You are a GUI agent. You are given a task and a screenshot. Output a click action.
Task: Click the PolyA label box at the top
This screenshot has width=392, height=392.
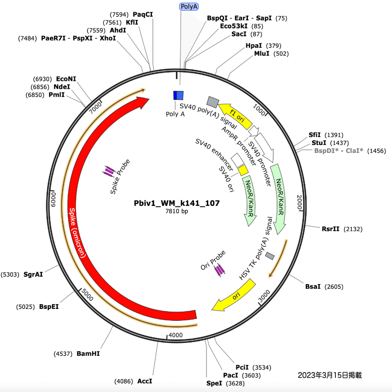click(189, 6)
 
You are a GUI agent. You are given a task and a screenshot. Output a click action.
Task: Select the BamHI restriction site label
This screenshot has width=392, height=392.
click(88, 354)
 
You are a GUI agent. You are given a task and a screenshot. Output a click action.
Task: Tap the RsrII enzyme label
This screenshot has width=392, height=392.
click(331, 229)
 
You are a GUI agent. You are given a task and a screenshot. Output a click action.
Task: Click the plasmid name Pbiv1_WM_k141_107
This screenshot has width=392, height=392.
click(177, 203)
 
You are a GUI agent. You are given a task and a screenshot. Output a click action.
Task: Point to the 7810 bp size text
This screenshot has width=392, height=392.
click(177, 211)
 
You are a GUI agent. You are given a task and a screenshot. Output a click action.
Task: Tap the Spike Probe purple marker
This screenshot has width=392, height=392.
click(109, 171)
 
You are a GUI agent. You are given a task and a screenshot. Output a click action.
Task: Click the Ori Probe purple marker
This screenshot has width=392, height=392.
click(220, 270)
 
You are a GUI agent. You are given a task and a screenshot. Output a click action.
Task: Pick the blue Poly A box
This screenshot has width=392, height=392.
click(178, 95)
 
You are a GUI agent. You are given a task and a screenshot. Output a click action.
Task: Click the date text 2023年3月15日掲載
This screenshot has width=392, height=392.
click(330, 375)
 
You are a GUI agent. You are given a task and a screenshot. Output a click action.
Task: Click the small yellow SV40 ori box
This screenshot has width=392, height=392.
click(243, 170)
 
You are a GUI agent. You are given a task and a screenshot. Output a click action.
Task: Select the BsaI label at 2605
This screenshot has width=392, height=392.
click(314, 287)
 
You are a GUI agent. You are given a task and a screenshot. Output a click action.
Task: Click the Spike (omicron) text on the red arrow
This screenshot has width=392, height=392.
click(76, 232)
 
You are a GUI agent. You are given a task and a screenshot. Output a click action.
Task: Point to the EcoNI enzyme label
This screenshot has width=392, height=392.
click(66, 79)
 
